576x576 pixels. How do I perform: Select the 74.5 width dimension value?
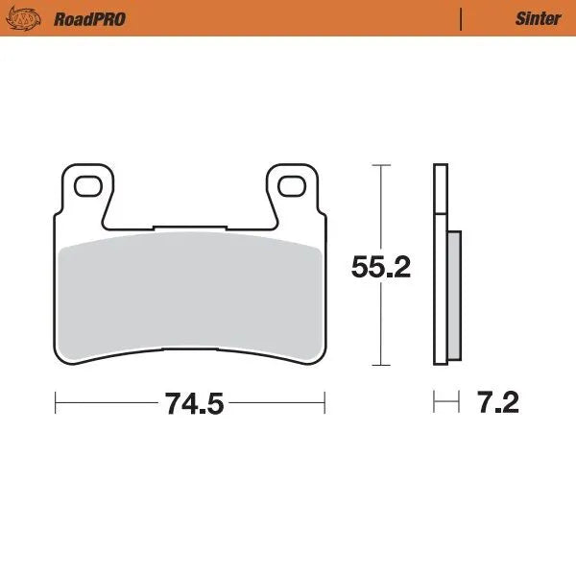point(193,403)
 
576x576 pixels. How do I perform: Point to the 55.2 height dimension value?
point(380,267)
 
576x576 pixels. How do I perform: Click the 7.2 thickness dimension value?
point(497,403)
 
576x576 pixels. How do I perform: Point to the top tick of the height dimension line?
point(380,165)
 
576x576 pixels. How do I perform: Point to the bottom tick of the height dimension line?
point(380,366)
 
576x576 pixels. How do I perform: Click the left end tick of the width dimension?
point(55,402)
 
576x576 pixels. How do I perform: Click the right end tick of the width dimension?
point(324,402)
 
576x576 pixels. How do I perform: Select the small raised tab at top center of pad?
point(190,229)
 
